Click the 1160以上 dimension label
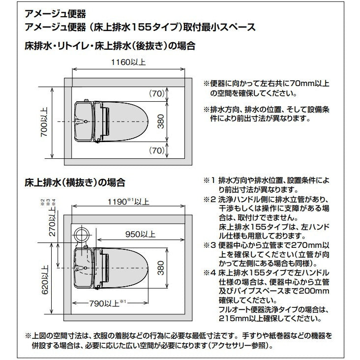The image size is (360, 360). [129, 63]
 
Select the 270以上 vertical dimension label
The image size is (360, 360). [53, 226]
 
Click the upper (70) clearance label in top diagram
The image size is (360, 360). [157, 92]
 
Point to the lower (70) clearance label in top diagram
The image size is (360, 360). [157, 150]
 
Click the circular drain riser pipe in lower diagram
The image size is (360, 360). [82, 234]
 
